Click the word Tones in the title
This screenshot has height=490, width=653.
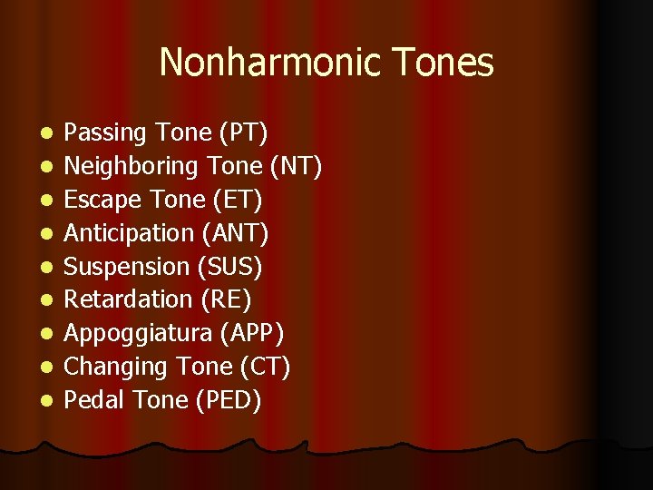446,63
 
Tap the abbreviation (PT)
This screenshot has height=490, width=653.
243,132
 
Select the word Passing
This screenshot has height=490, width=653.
105,132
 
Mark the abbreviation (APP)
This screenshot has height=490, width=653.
252,333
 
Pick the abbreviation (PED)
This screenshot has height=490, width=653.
229,400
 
